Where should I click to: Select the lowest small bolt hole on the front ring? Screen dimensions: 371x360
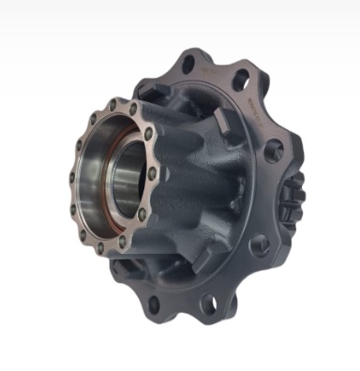click(x=100, y=247)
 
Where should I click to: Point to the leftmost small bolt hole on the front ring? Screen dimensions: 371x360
click(x=71, y=175)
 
